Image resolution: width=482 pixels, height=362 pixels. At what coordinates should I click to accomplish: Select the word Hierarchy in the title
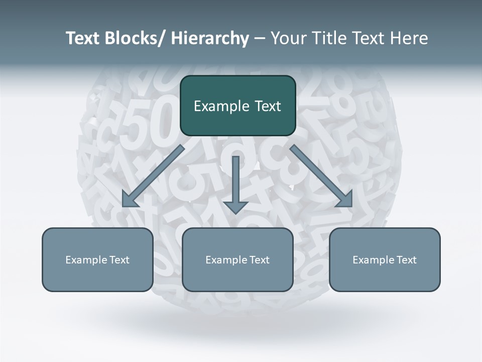[x=210, y=38]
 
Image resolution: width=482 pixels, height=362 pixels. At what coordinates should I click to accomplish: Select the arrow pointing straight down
[x=235, y=181]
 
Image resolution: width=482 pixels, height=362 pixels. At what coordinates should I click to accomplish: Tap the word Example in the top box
[x=217, y=106]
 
